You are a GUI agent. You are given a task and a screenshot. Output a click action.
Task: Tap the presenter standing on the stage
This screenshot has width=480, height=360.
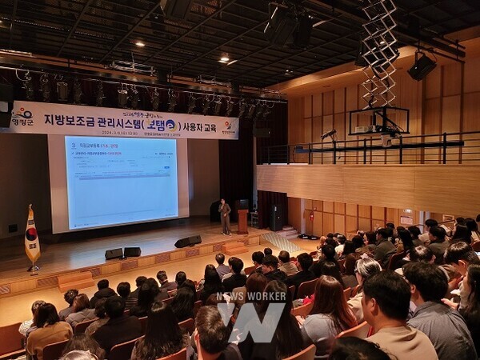tap(225, 216)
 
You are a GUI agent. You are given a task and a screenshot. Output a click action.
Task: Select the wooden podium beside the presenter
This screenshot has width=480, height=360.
tap(242, 220)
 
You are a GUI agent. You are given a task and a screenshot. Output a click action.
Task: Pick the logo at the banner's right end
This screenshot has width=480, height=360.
tap(228, 126)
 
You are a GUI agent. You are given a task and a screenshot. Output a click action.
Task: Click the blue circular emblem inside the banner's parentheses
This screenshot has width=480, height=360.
tap(170, 125)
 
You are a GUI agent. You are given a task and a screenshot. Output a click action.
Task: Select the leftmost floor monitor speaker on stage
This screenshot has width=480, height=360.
tap(114, 254)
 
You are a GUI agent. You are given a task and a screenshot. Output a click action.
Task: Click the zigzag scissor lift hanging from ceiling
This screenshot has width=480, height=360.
tap(379, 52)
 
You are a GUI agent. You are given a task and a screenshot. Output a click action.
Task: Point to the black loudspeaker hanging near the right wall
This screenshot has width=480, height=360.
tap(422, 66)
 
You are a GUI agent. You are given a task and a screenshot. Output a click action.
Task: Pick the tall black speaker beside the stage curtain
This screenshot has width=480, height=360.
tap(274, 218)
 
